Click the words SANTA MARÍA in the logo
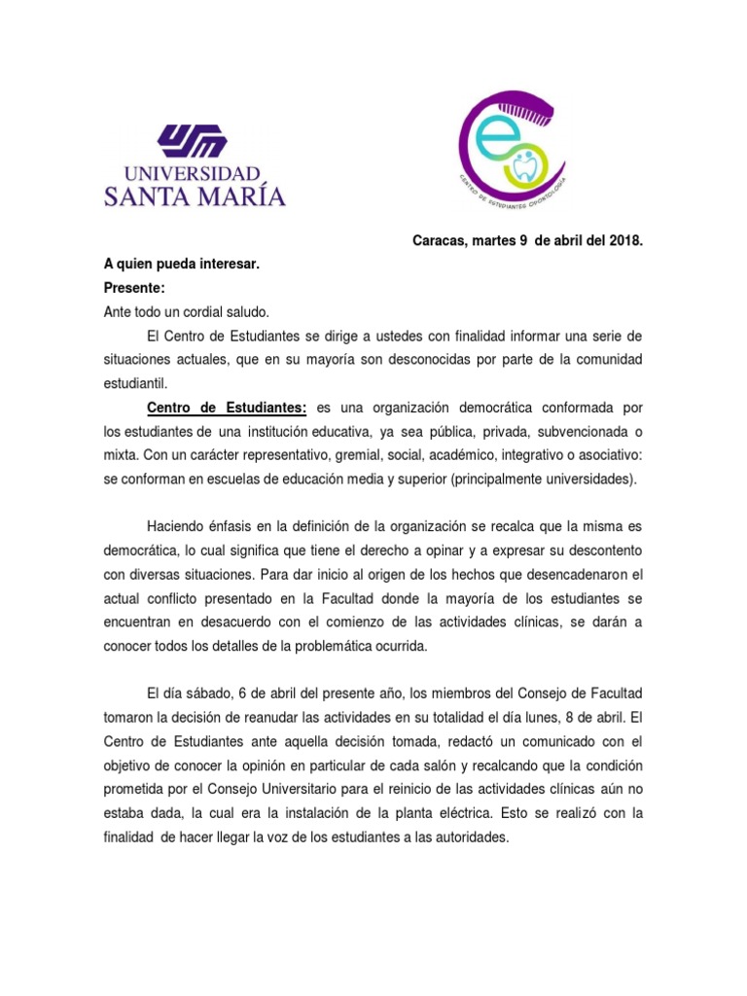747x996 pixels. coord(195,196)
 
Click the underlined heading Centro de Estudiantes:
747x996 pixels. coord(227,408)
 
